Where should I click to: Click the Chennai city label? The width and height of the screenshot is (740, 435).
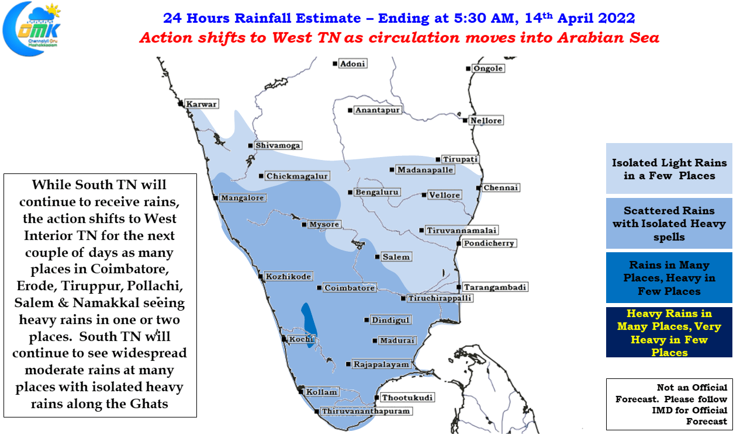point(501,187)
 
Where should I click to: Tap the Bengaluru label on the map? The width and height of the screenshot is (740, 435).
point(377,192)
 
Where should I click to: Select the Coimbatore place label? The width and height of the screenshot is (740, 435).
point(350,288)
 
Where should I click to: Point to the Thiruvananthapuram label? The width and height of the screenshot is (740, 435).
point(366,411)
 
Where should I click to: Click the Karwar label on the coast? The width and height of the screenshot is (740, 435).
point(201,104)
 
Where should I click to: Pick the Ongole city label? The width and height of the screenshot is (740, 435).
point(488,68)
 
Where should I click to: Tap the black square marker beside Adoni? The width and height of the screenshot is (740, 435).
point(335,64)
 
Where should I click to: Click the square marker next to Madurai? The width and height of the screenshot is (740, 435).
point(375,340)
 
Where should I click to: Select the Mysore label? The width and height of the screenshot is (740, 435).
point(324,224)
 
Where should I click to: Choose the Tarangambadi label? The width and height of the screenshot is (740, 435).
point(495,287)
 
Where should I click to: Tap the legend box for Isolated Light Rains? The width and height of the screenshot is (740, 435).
point(669,168)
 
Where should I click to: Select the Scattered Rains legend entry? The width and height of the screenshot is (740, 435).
point(669,223)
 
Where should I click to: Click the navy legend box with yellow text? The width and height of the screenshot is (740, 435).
point(669,332)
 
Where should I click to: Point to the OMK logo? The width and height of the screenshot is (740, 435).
point(32,29)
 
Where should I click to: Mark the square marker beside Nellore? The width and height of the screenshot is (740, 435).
point(465,120)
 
